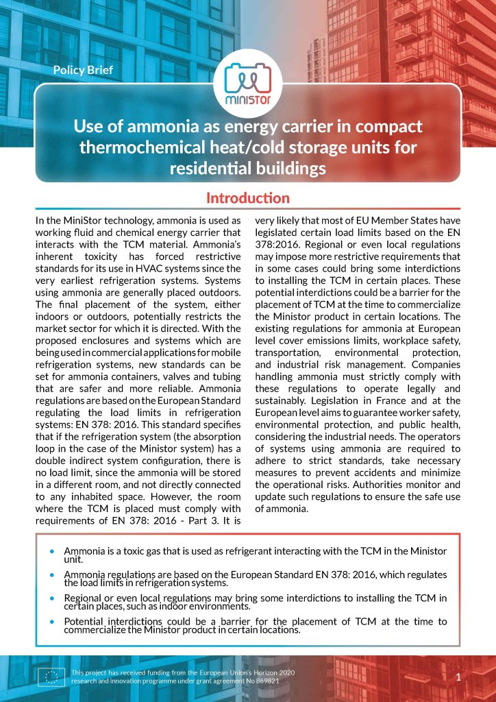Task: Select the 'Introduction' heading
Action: tap(248, 198)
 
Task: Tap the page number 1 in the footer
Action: tap(458, 677)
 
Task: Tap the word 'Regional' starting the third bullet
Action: tap(84, 598)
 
